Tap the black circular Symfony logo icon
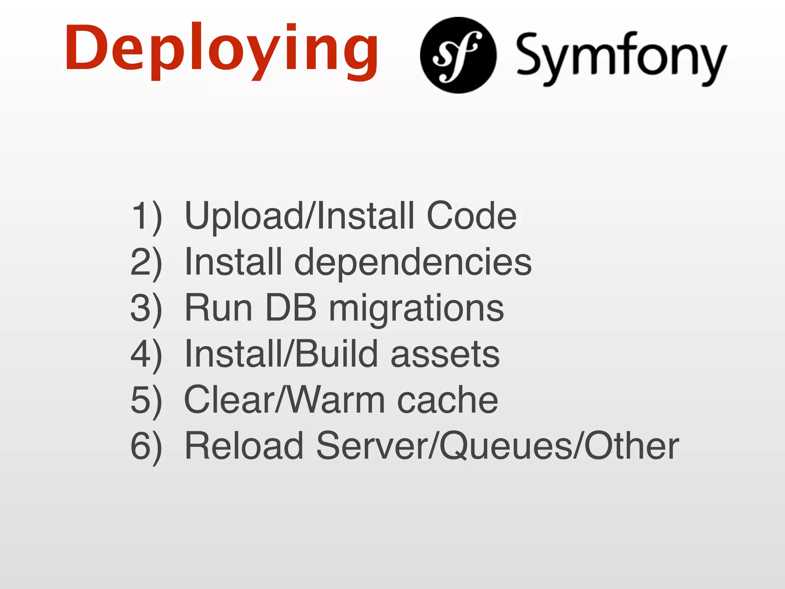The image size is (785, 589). [x=458, y=55]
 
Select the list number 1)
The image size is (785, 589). [x=146, y=216]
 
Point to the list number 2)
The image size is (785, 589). [x=146, y=262]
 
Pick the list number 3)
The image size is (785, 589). [x=146, y=308]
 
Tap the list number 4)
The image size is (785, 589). [x=146, y=354]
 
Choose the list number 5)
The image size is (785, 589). [x=146, y=400]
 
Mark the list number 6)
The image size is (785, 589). [x=146, y=446]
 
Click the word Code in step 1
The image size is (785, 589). [x=471, y=216]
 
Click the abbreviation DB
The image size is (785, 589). [x=291, y=308]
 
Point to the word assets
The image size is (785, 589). [x=445, y=354]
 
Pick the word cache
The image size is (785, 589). [x=447, y=400]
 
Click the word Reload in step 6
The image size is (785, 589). [x=244, y=446]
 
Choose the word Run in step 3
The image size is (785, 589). [x=218, y=308]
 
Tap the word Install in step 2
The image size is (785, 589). [x=233, y=262]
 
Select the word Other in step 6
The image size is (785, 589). [x=631, y=446]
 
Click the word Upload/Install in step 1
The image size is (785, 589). [x=299, y=216]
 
